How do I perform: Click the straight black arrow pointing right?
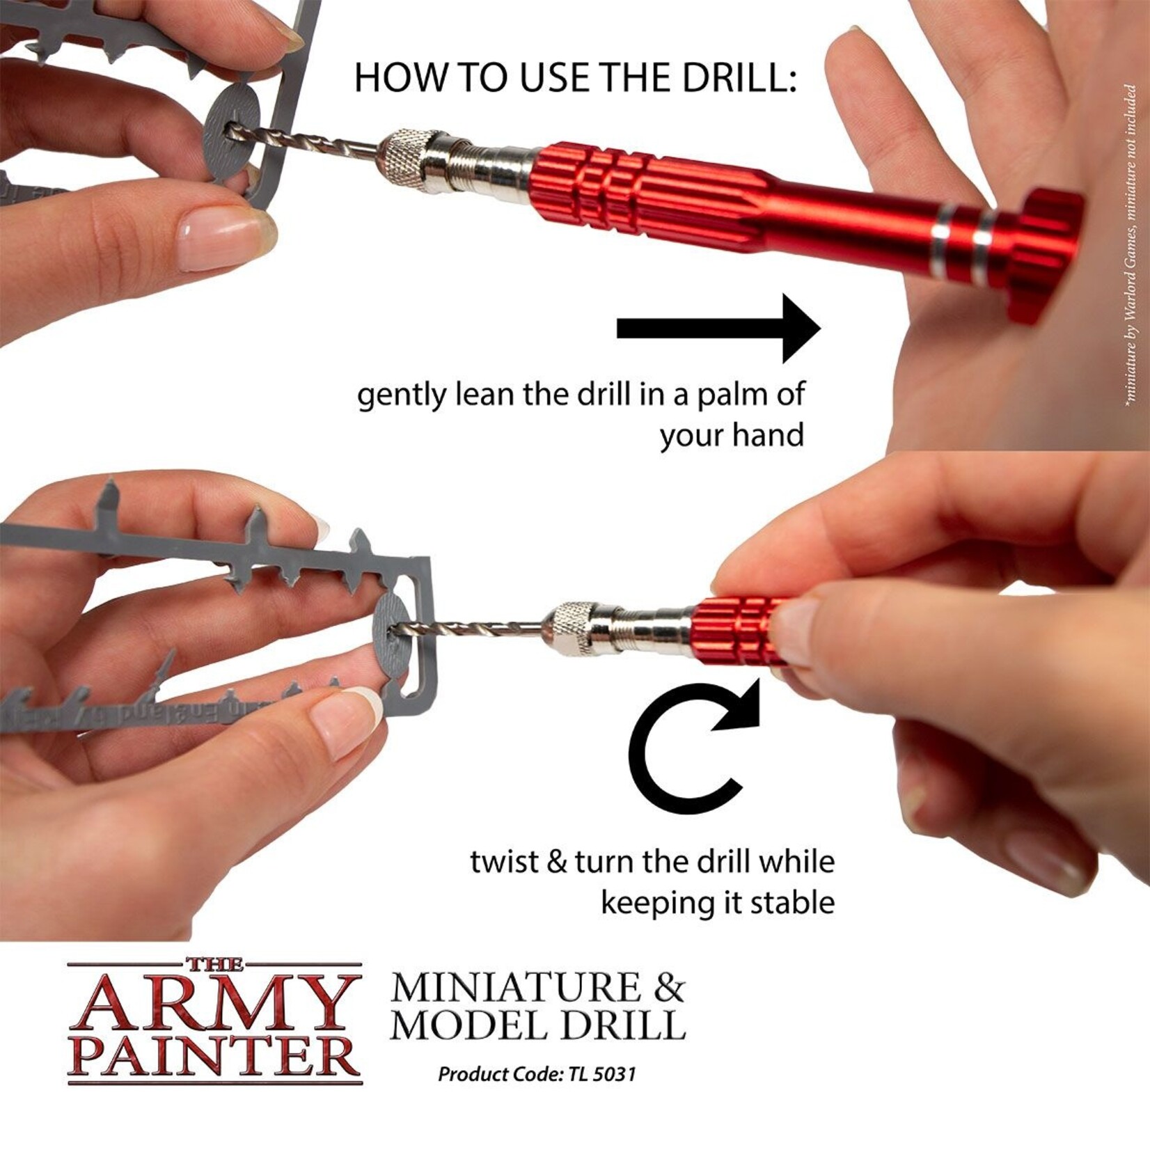[x=717, y=329]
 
